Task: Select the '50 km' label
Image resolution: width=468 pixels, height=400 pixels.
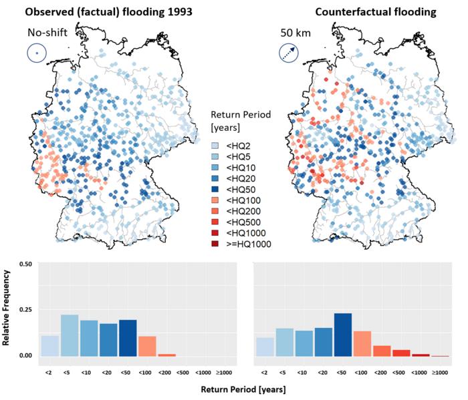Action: tap(292, 32)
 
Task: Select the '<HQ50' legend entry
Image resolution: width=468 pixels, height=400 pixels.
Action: tap(233, 189)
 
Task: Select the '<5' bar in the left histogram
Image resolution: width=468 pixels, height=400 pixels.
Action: tap(69, 335)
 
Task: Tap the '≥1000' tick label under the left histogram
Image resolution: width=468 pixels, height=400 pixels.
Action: tap(225, 371)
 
